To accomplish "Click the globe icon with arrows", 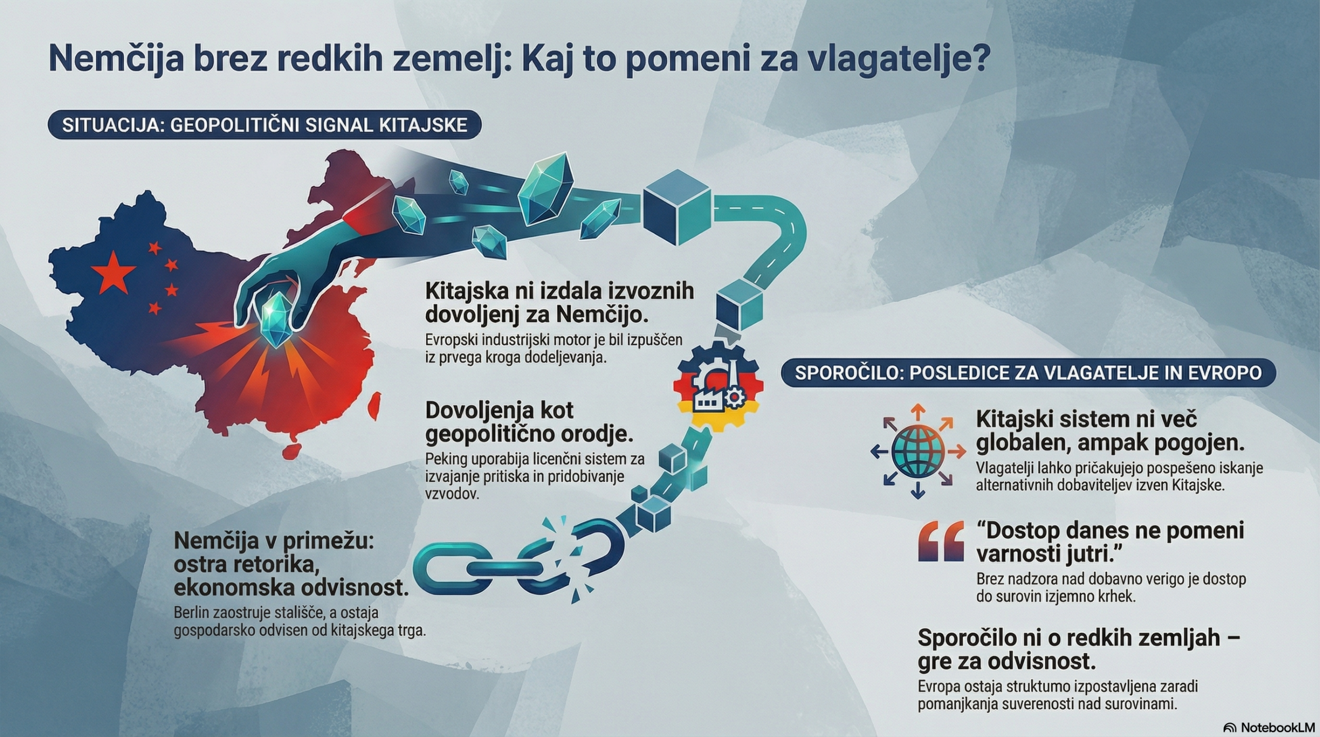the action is point(918,452).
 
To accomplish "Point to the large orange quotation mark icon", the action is point(941,541).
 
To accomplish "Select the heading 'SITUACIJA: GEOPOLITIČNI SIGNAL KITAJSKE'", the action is point(265,125).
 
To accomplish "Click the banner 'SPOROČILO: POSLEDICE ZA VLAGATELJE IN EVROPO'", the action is point(1028,373).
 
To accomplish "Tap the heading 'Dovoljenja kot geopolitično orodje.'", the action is point(529,422).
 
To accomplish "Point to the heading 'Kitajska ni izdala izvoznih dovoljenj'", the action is point(559,303).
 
